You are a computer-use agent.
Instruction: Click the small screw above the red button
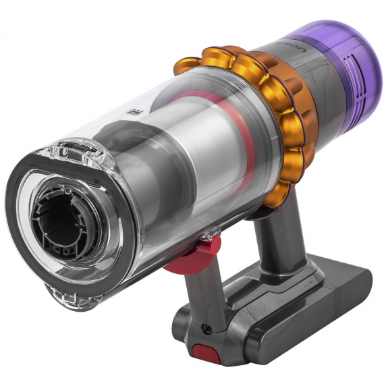pos(206,329)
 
